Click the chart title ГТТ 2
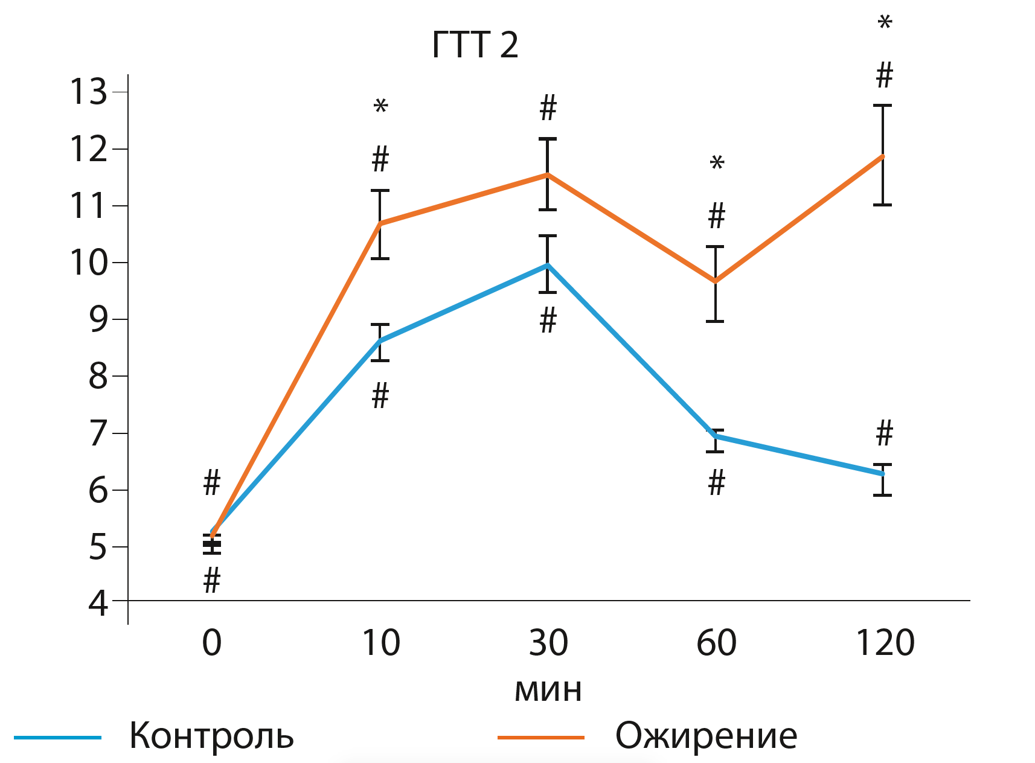tap(475, 45)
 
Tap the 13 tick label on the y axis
tap(88, 92)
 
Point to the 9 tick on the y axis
tap(98, 319)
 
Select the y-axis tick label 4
tap(98, 603)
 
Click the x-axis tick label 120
tap(885, 643)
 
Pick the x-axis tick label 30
tap(548, 643)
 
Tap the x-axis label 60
tap(716, 643)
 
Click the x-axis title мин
tap(548, 689)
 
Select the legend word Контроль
tap(211, 736)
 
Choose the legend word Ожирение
tap(706, 736)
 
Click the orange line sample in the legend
tap(540, 738)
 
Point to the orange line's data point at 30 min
tap(548, 174)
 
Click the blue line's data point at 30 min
tap(548, 264)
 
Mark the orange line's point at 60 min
tap(716, 281)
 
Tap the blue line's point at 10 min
tap(380, 342)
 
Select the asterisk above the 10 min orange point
tap(380, 108)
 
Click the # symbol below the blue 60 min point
tap(716, 484)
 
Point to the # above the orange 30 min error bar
tap(548, 108)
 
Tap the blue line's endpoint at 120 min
tap(883, 474)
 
